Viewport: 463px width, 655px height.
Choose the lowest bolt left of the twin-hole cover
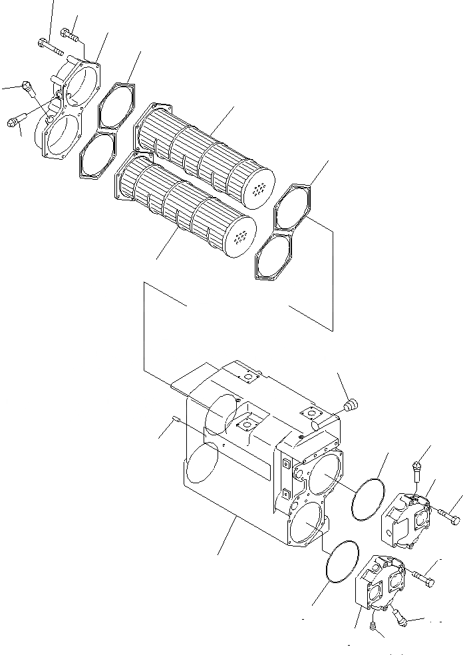17,122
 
